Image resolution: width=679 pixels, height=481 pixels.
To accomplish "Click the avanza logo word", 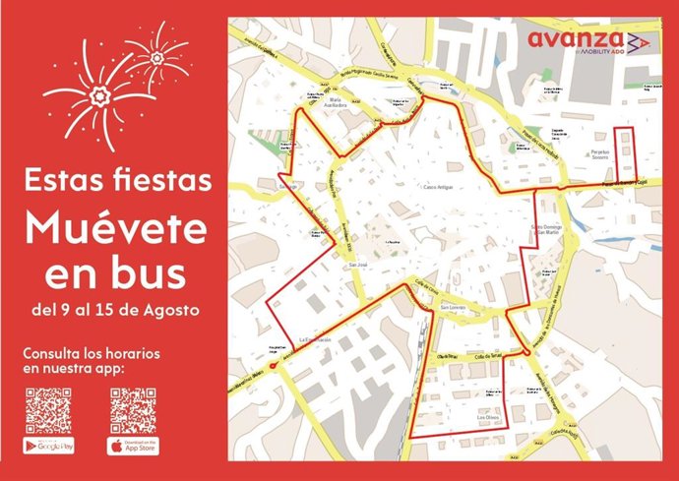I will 573,38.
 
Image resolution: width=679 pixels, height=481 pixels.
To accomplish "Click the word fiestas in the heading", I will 167,181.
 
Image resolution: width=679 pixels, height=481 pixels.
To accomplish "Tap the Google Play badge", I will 48,446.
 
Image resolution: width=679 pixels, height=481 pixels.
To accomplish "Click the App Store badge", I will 133,446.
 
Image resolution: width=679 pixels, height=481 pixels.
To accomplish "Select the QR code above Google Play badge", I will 48,411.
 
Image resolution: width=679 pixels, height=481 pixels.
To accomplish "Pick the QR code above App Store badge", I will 133,411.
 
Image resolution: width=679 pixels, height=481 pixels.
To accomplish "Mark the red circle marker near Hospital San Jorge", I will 273,364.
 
